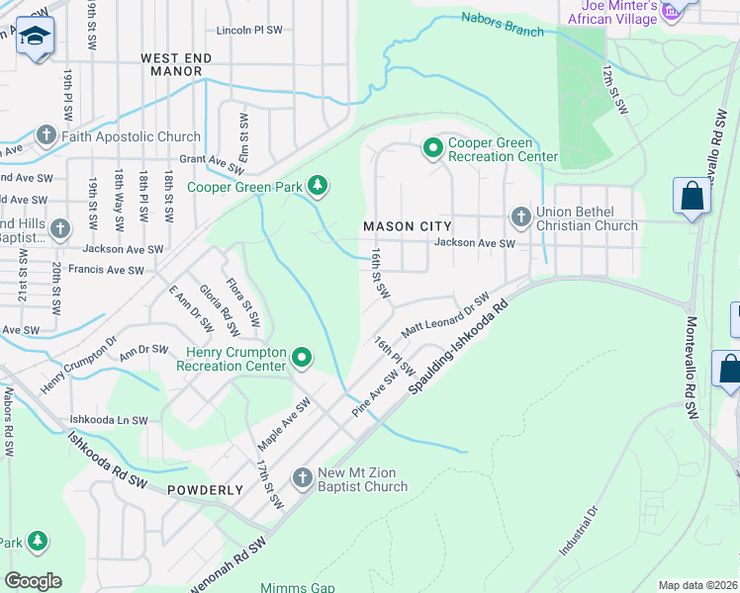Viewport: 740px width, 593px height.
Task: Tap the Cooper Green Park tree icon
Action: click(318, 185)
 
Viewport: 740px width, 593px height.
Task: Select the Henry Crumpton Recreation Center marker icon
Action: click(303, 359)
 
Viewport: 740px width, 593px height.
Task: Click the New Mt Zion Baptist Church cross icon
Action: click(303, 479)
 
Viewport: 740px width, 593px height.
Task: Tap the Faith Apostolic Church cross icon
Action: click(46, 136)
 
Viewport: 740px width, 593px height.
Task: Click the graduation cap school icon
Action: click(35, 36)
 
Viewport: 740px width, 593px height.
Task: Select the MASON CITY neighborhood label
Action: click(401, 226)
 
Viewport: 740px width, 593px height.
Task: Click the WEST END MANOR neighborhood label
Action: click(176, 65)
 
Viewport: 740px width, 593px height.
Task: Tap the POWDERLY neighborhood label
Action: click(205, 489)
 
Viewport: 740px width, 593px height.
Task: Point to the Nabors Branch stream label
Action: click(503, 25)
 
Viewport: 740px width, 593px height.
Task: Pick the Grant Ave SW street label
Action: click(212, 159)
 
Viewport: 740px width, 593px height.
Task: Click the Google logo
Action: click(33, 580)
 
